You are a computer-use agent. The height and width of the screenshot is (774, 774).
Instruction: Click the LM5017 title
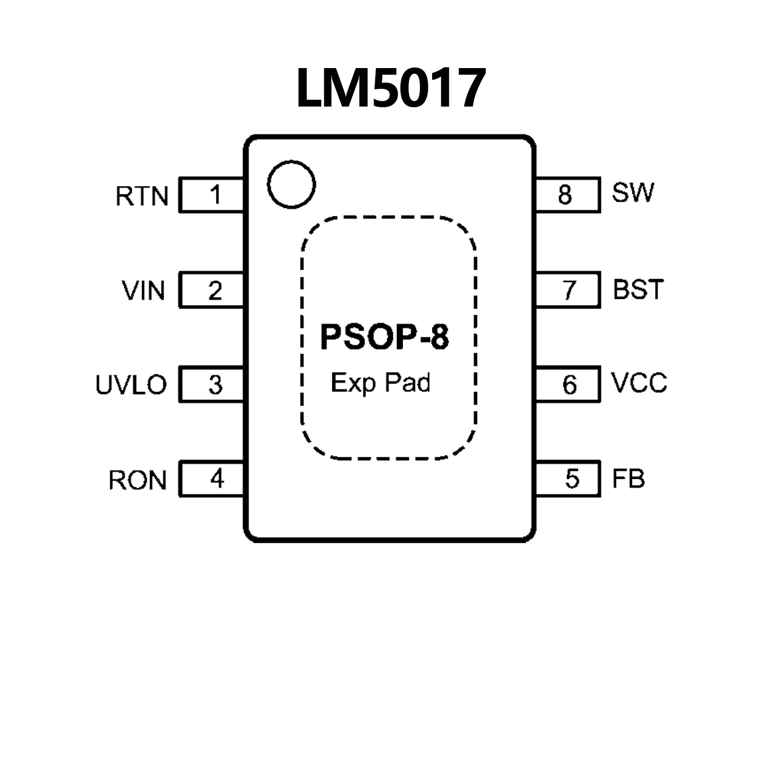[x=391, y=88]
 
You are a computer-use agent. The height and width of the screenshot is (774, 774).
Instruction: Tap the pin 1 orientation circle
[x=291, y=185]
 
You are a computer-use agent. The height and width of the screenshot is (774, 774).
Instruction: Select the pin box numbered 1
[x=212, y=195]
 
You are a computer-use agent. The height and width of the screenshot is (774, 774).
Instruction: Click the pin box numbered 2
[x=212, y=290]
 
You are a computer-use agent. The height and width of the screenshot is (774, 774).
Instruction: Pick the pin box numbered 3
[x=212, y=385]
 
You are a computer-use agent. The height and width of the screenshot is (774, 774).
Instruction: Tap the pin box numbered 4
[x=212, y=479]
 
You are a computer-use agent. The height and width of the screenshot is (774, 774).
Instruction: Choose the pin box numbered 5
[x=568, y=479]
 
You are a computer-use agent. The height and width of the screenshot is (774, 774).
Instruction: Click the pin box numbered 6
[x=568, y=385]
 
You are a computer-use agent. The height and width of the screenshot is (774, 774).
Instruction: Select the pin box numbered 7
[x=568, y=290]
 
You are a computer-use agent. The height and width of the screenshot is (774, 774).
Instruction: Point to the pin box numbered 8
[x=568, y=195]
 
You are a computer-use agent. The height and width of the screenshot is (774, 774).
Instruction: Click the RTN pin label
[x=142, y=196]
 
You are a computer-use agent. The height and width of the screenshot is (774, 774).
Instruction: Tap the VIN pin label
[x=143, y=291]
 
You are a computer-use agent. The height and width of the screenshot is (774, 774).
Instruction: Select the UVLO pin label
[x=131, y=385]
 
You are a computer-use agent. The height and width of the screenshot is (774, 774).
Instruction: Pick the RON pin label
[x=137, y=480]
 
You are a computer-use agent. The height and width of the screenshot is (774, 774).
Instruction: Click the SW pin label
[x=633, y=192]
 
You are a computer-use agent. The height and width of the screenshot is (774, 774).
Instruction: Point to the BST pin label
[x=638, y=289]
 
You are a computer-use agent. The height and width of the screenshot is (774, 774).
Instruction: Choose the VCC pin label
[x=639, y=383]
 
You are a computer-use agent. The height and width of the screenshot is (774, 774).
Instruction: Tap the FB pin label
[x=628, y=479]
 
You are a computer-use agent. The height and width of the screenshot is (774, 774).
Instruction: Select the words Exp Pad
[x=381, y=383]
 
